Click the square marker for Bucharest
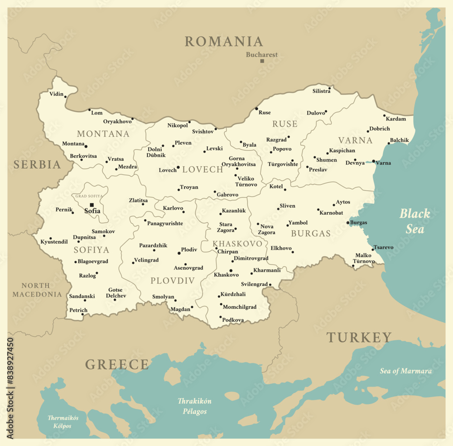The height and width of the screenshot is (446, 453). [262, 61]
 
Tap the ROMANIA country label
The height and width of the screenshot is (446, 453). [223, 42]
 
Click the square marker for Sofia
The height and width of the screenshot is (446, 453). [92, 205]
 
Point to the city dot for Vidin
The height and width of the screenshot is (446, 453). [65, 96]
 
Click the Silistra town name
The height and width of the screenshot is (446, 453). [321, 91]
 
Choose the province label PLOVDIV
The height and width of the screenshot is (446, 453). [173, 281]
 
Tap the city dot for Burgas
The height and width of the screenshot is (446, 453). [348, 223]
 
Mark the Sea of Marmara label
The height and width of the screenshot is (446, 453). [405, 371]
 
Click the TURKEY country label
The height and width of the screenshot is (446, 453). [359, 337]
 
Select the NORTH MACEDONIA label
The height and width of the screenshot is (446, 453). [37, 290]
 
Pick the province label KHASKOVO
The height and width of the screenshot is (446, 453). [237, 244]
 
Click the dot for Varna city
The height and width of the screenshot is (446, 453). [373, 161]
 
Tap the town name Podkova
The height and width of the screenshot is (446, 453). [233, 320]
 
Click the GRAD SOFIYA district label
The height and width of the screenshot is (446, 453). [89, 196]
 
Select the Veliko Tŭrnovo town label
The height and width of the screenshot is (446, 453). [246, 182]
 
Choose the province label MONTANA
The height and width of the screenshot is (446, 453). [103, 134]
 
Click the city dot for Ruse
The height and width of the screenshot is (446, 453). [256, 109]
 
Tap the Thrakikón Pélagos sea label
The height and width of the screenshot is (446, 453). [194, 406]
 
